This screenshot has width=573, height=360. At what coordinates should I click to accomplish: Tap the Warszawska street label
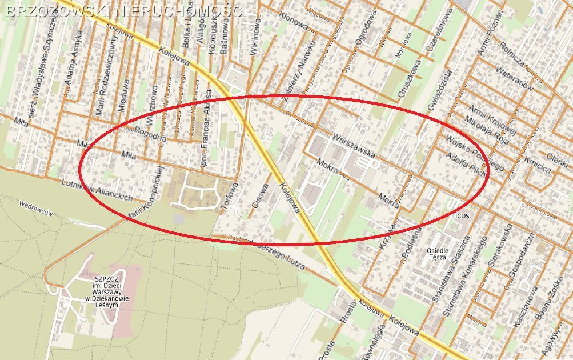(x=354, y=146)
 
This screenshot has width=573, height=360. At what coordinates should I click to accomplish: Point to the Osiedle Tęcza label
(x=438, y=254)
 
